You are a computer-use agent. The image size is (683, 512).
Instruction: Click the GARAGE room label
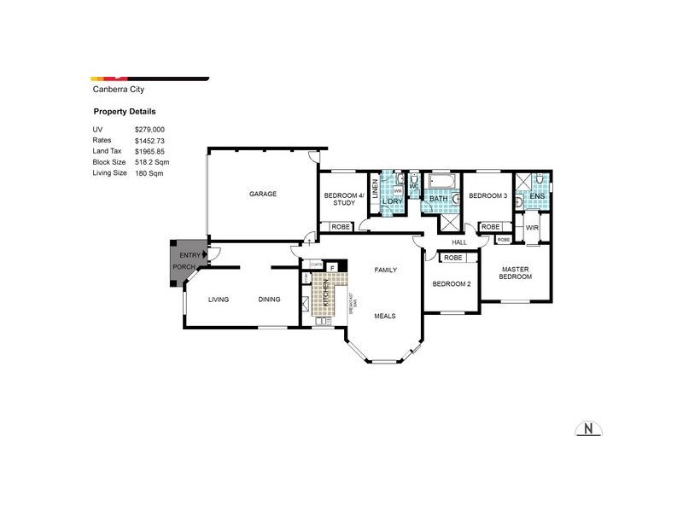coord(262,194)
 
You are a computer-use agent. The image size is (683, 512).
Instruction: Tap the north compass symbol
coord(588,429)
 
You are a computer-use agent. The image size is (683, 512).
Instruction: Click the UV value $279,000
coord(149,129)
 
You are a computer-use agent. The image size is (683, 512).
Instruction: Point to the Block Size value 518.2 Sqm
coord(152,162)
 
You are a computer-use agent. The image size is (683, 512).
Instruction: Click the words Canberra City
coord(117,88)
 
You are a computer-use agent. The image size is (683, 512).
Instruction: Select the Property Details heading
coord(124,112)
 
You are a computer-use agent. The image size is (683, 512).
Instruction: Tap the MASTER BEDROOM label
coord(516,273)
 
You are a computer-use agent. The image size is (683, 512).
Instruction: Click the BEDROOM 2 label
coord(452,284)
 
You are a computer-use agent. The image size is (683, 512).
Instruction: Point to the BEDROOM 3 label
coord(488,195)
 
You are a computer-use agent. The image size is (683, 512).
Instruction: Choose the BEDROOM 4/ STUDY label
coord(344,200)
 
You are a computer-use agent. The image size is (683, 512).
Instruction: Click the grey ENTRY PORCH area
coord(186,260)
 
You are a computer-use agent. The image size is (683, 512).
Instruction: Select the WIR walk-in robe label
coord(532,228)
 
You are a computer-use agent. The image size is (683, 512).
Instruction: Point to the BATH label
coord(439,199)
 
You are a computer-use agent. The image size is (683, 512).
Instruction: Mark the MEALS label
coord(384,316)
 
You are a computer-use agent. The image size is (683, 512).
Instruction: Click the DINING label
coord(270,300)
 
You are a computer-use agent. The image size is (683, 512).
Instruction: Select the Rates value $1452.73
coord(150,140)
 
